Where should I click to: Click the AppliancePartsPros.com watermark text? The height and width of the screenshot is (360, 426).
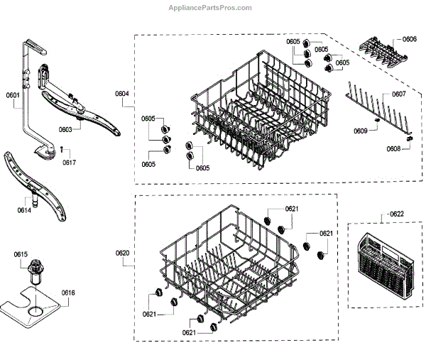(209, 8)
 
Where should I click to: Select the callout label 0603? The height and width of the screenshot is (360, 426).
(66, 130)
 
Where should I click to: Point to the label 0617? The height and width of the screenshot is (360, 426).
(69, 163)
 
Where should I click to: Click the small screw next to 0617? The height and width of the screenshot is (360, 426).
(62, 149)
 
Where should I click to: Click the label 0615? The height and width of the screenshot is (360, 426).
(21, 253)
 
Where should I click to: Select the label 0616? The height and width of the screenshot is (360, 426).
(68, 293)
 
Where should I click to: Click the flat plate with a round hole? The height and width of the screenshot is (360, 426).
(32, 305)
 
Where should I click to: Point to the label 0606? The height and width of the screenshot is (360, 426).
(409, 39)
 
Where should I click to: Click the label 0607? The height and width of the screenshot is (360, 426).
(398, 94)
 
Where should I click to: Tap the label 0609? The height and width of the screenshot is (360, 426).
(361, 131)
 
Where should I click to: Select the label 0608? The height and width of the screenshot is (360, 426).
(393, 148)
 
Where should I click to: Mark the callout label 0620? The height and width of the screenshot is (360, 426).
(122, 253)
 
